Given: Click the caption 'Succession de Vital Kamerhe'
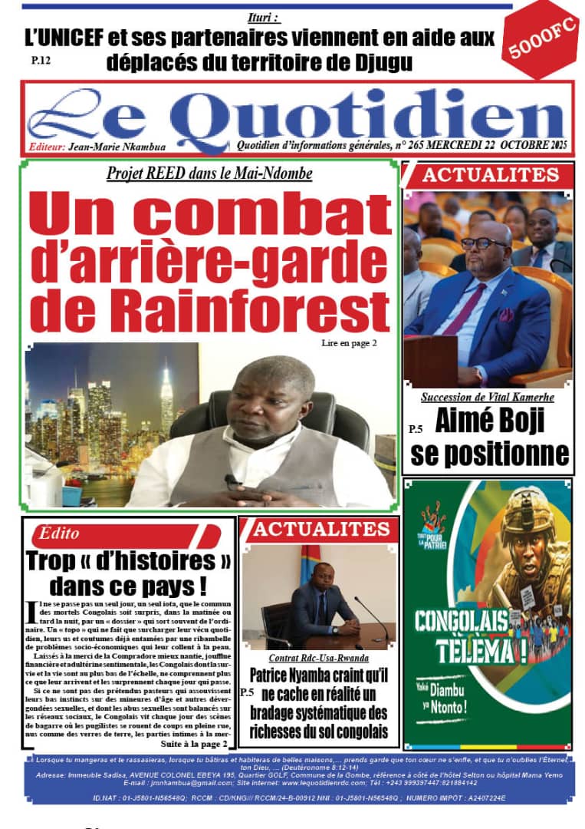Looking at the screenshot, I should click(488, 398).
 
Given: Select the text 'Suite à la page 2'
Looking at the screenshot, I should click(194, 744).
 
